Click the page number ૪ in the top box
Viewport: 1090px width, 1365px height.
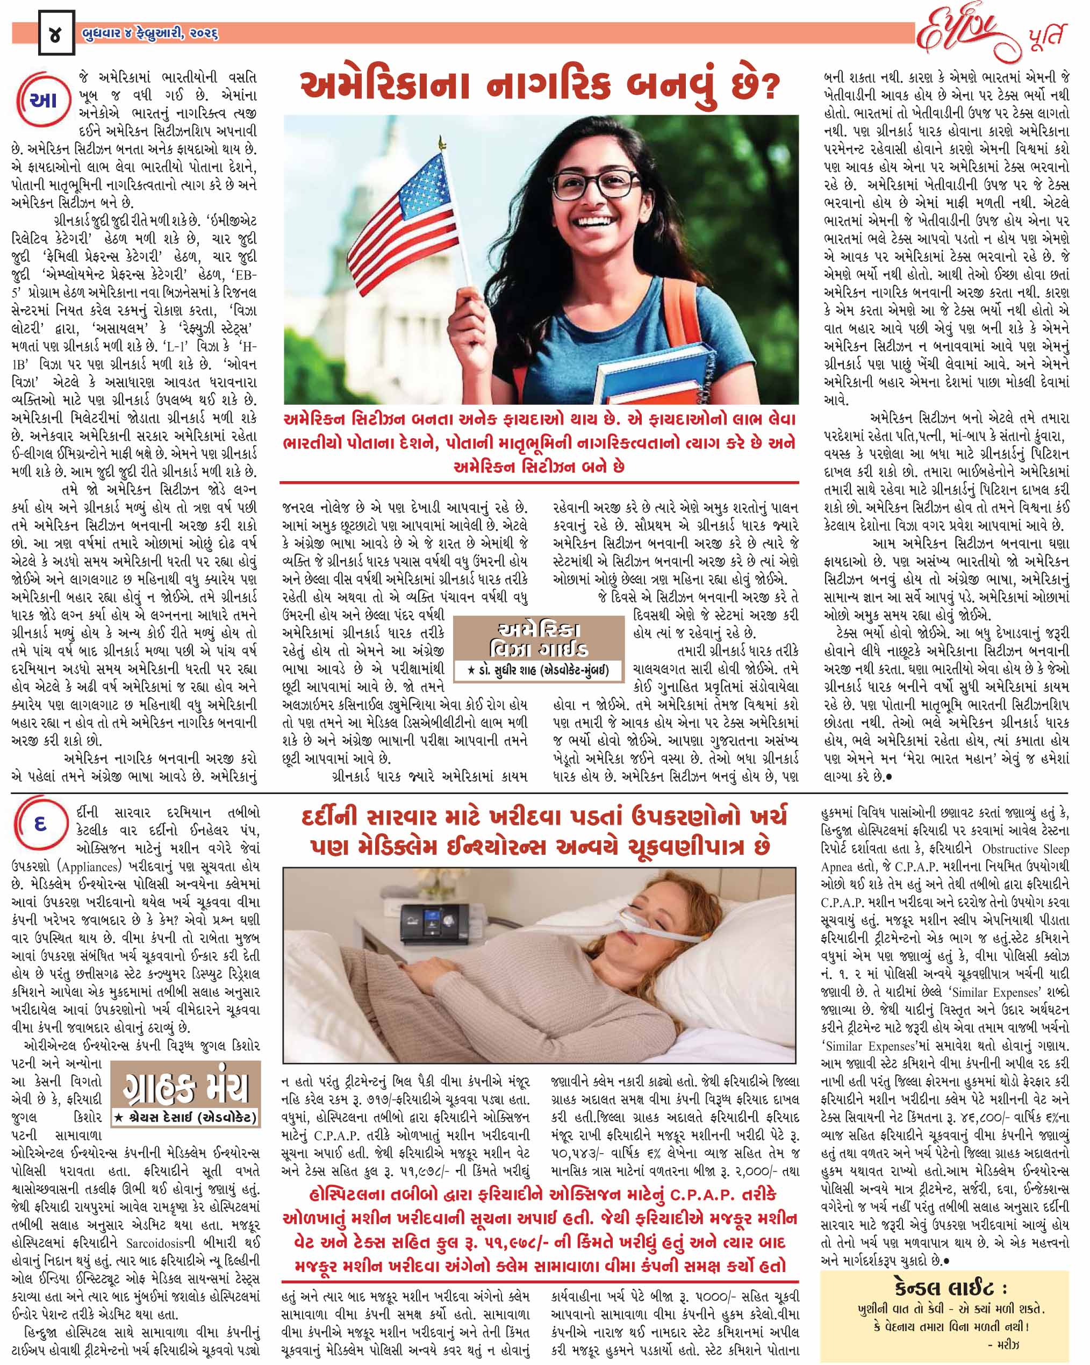(x=56, y=33)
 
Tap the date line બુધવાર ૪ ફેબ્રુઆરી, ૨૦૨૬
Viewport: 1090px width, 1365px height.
(x=150, y=33)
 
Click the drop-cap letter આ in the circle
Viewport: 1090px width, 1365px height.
(x=42, y=101)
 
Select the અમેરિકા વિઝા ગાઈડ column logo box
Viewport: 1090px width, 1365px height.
(x=539, y=639)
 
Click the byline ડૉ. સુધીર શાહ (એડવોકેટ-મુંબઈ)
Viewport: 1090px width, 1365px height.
(x=539, y=670)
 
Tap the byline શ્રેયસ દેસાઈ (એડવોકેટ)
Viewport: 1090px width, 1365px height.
(x=185, y=1118)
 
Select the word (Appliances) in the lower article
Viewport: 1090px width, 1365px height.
(x=89, y=866)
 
